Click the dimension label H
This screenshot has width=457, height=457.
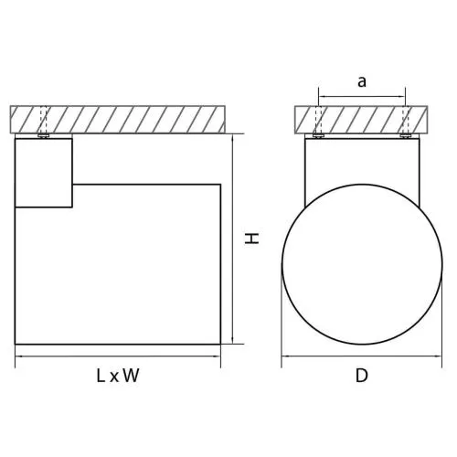(x=252, y=239)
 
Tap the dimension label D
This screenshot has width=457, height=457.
(x=362, y=376)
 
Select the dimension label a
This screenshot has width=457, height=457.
(x=362, y=81)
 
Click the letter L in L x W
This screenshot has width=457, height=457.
(x=101, y=376)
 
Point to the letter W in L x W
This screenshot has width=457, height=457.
(x=132, y=376)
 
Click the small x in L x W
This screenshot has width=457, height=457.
(x=114, y=377)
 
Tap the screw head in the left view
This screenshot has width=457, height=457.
(x=44, y=136)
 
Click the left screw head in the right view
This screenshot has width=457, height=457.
(x=318, y=136)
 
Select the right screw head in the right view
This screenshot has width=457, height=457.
(x=405, y=136)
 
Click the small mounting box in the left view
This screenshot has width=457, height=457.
(x=44, y=173)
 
